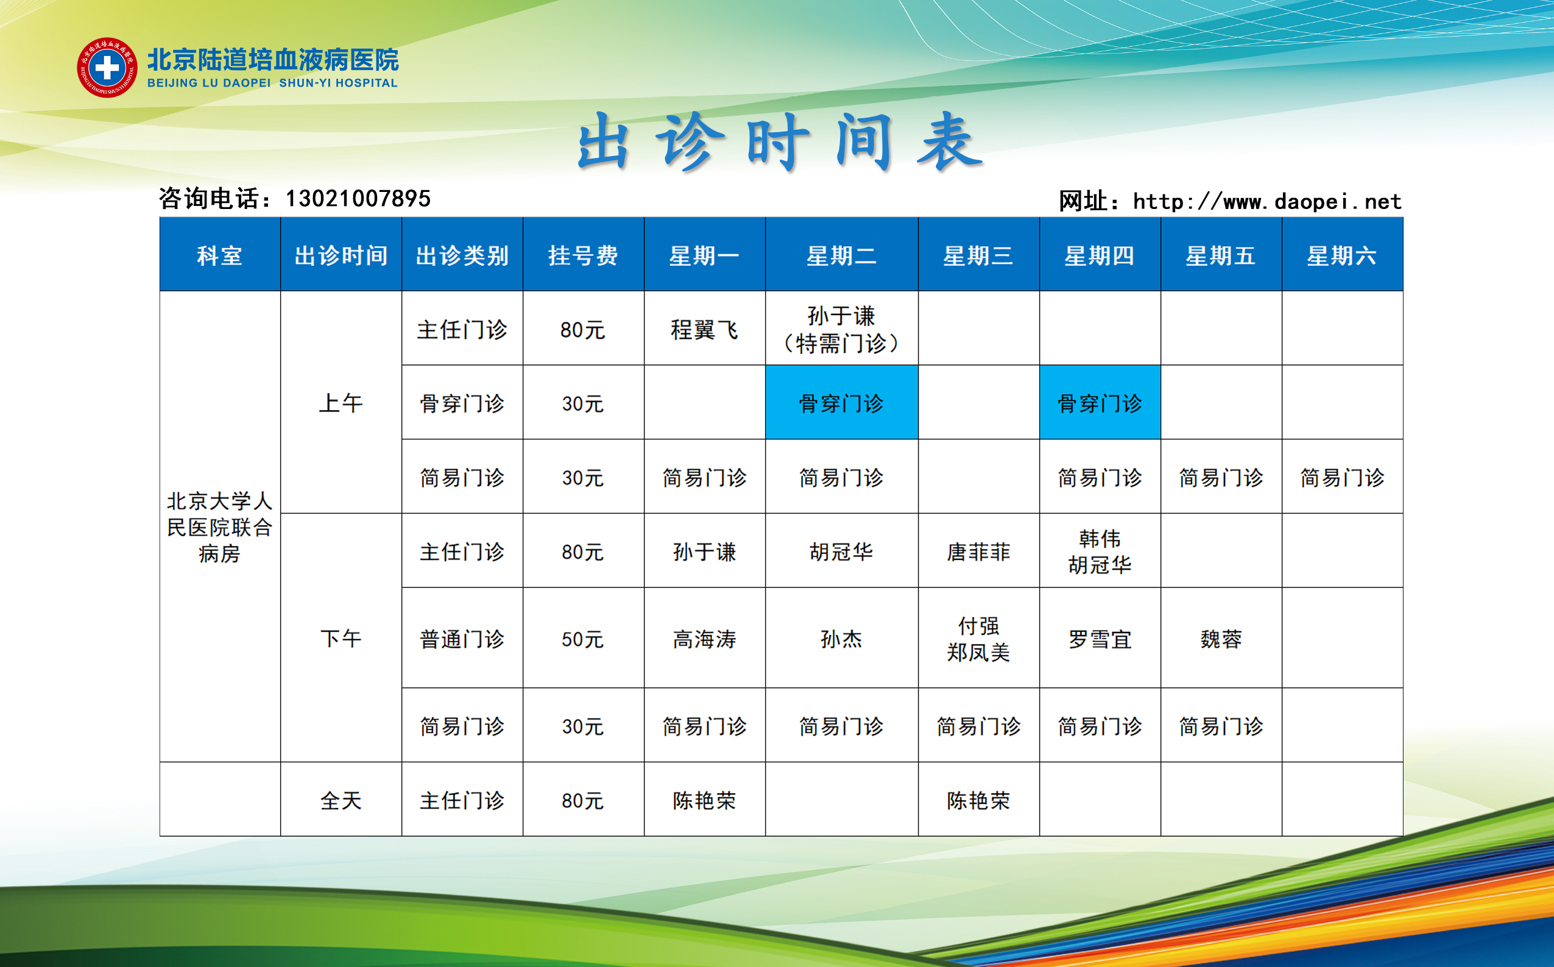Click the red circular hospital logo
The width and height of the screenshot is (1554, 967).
tap(107, 67)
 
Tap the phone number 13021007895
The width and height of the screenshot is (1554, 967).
tap(358, 199)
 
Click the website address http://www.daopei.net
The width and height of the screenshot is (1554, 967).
tap(1267, 202)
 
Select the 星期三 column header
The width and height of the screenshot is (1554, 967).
tap(979, 255)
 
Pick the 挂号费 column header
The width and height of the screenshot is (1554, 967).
tap(584, 255)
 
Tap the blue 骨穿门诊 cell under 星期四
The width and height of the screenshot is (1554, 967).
tap(1100, 402)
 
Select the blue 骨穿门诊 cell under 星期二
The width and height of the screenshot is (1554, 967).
tap(842, 402)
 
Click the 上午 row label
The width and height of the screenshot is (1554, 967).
tap(341, 403)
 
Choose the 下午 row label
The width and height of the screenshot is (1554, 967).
tap(341, 637)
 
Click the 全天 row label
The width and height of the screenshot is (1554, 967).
tap(341, 799)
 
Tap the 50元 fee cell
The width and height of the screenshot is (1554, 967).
tap(584, 639)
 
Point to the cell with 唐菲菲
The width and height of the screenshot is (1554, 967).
tap(979, 551)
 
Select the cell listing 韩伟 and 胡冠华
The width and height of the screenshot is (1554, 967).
tap(1100, 551)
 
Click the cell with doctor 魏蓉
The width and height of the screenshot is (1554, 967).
tap(1221, 639)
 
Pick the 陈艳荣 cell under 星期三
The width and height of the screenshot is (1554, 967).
tap(979, 799)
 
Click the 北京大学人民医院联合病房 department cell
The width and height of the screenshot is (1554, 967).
tap(220, 526)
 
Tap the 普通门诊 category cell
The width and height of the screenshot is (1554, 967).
tap(462, 639)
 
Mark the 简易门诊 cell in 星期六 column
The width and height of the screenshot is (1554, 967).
tap(1343, 476)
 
